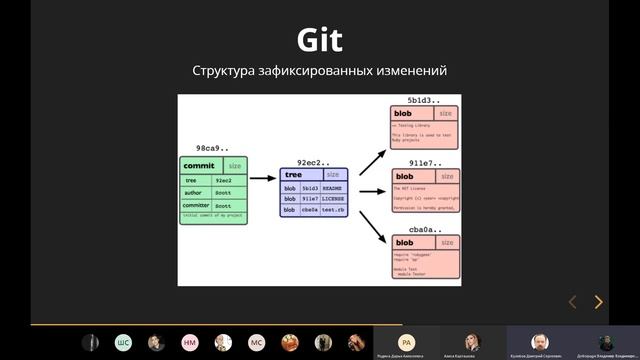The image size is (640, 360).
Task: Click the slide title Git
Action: click(x=319, y=41)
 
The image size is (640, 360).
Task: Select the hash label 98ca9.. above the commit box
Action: click(x=212, y=148)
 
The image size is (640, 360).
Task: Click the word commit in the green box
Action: click(x=199, y=166)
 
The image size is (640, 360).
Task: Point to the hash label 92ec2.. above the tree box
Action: click(x=313, y=161)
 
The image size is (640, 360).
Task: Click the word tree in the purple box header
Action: click(x=294, y=175)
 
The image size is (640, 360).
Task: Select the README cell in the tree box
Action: click(x=332, y=188)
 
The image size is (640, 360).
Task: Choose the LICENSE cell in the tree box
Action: click(x=332, y=199)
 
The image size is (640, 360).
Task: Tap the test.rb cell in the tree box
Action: click(x=332, y=210)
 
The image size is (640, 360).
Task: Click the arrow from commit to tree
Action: click(x=263, y=178)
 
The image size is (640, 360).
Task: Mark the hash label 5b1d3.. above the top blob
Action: click(x=424, y=102)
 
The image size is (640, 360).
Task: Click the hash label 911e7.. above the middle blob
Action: click(x=424, y=163)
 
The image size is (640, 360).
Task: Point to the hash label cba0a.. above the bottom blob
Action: click(x=424, y=229)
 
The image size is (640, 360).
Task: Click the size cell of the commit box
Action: click(x=235, y=166)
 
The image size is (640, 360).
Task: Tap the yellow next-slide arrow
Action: click(x=598, y=302)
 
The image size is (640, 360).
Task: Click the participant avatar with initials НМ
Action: click(x=189, y=342)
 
